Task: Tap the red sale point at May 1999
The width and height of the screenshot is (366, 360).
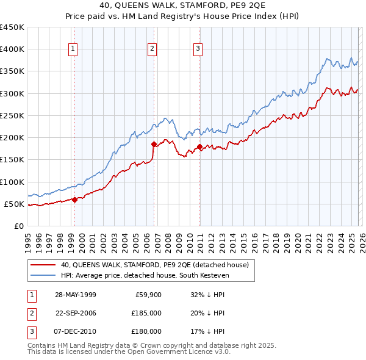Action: pos(74,199)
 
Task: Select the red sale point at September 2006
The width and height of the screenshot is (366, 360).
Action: pos(154,144)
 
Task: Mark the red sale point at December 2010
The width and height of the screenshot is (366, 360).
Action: pos(200,146)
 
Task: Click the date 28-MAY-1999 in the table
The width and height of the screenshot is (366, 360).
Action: pos(75,295)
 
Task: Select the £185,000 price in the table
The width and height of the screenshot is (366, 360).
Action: pos(146,313)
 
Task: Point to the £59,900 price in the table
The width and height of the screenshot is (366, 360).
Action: pos(148,295)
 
